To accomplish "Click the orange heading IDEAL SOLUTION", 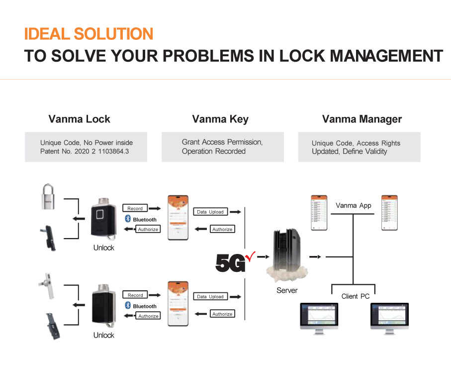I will (x=89, y=34).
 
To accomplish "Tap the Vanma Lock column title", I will (x=79, y=119).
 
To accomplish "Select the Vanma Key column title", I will (x=220, y=119).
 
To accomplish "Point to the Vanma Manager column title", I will (x=361, y=119).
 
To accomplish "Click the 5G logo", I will (x=230, y=262).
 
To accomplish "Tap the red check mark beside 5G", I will (x=250, y=256).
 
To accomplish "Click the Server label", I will (x=287, y=290).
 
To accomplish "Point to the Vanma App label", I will (x=354, y=205).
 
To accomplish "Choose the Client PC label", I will (x=356, y=296).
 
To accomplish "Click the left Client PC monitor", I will (x=318, y=318).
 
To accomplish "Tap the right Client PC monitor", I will (x=389, y=318).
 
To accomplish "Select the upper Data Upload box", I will (x=209, y=212).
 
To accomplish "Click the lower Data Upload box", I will (x=209, y=296).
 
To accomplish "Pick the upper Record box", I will (x=135, y=208).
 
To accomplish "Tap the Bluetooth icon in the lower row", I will (x=127, y=305).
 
